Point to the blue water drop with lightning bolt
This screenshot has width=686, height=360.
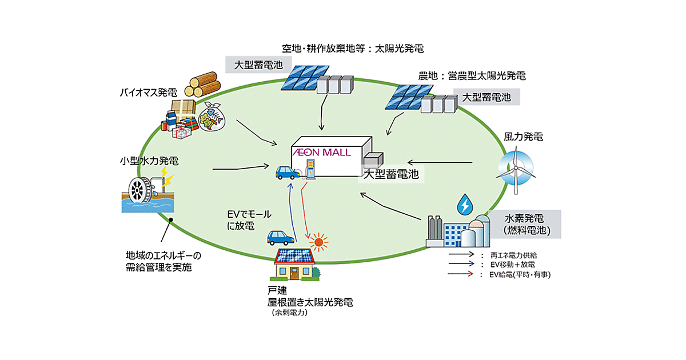pyautogui.click(x=466, y=204)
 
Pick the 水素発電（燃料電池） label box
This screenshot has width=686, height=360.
pyautogui.click(x=524, y=225)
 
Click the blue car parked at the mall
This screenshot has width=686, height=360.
pyautogui.click(x=284, y=172)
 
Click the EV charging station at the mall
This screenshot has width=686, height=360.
pyautogui.click(x=310, y=169)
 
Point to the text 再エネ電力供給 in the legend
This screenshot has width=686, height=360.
pyautogui.click(x=513, y=254)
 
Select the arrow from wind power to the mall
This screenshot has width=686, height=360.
pyautogui.click(x=440, y=162)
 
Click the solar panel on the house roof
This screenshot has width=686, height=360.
pyautogui.click(x=294, y=256)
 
